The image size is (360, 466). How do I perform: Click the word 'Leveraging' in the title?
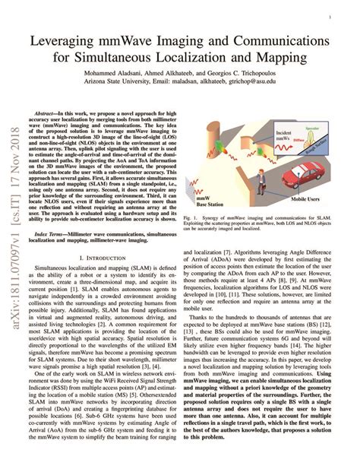tap(74, 37)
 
